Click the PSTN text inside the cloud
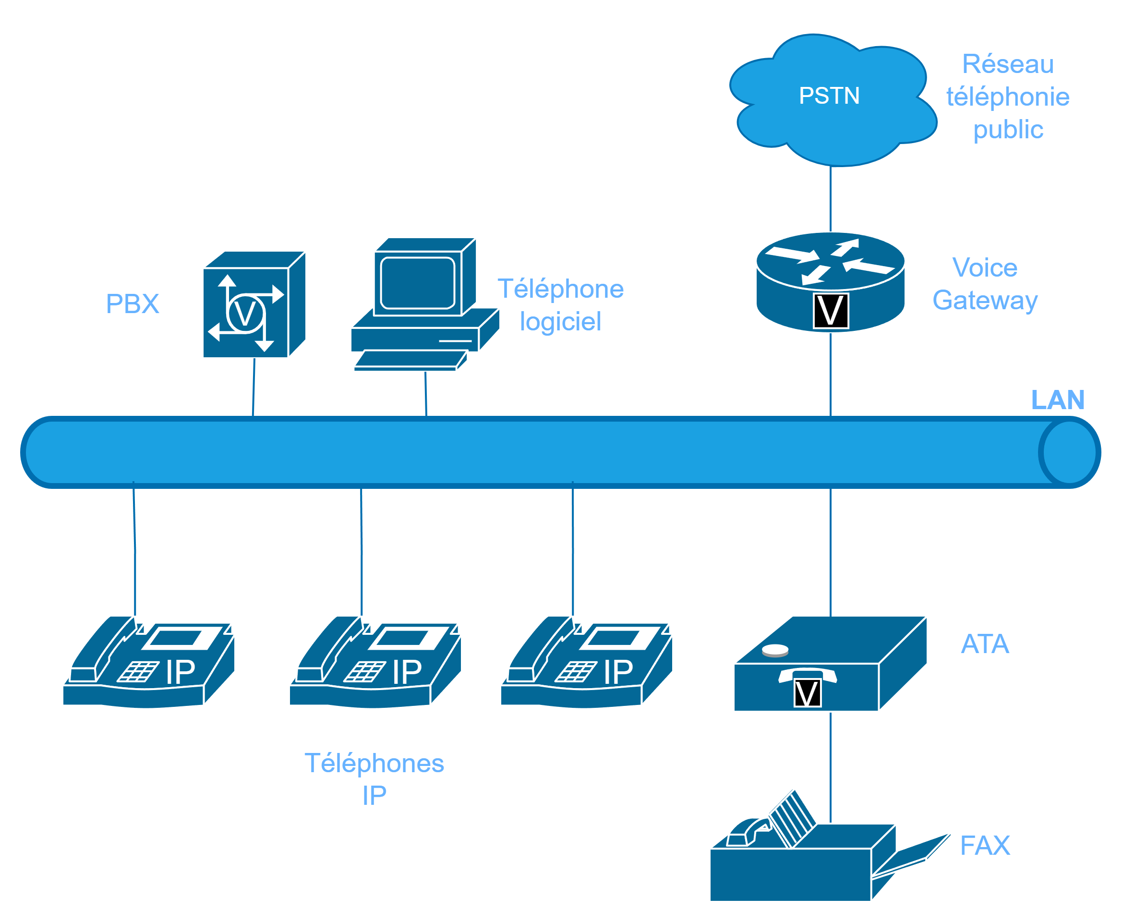coord(829,96)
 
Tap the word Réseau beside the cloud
coord(1008,64)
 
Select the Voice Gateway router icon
coord(830,282)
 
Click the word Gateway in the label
coord(985,301)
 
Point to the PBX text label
coord(133,304)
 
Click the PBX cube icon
coord(254,305)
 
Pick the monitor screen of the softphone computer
coord(418,282)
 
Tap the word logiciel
coord(560,322)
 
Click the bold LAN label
coord(1057,400)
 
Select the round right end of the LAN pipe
coord(1069,452)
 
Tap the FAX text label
coord(985,846)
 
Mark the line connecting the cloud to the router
coord(830,199)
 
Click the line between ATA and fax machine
coord(830,754)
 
